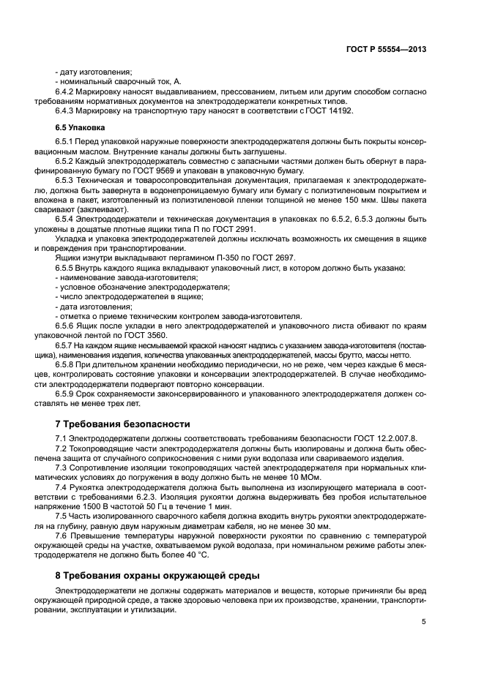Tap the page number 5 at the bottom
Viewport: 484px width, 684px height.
pos(423,623)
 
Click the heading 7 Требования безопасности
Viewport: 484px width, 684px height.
pos(123,424)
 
